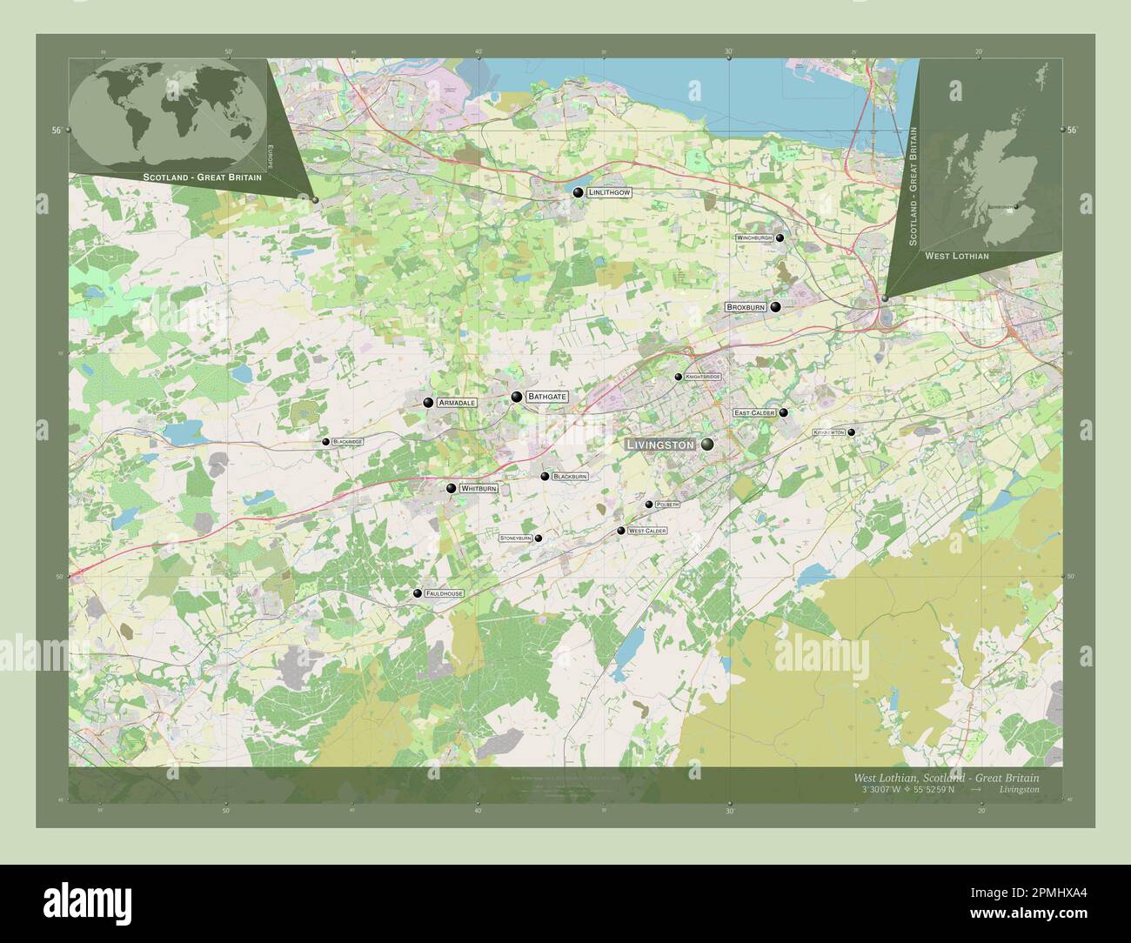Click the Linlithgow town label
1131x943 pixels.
pyautogui.click(x=609, y=191)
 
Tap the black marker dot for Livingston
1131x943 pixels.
pyautogui.click(x=707, y=445)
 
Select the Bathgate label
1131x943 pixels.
pyautogui.click(x=547, y=397)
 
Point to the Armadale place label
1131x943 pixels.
pyautogui.click(x=457, y=403)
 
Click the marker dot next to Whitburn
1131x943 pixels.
pyautogui.click(x=451, y=489)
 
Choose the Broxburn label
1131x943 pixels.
pyautogui.click(x=746, y=307)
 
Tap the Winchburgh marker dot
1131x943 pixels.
pyautogui.click(x=780, y=237)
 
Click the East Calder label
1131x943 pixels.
pyautogui.click(x=754, y=413)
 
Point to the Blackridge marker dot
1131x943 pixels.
pyautogui.click(x=326, y=442)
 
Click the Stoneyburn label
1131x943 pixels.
pyautogui.click(x=515, y=538)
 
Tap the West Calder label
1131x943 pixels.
pyautogui.click(x=647, y=531)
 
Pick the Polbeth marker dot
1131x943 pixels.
pyautogui.click(x=649, y=505)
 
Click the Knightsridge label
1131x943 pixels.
pyautogui.click(x=703, y=377)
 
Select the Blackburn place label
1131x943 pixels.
pyautogui.click(x=571, y=477)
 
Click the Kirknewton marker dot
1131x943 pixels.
pyautogui.click(x=852, y=432)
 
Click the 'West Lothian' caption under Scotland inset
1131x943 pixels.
pyautogui.click(x=956, y=256)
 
